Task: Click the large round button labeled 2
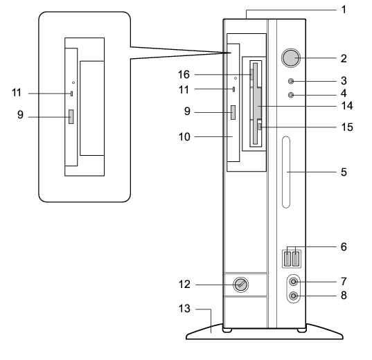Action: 291,58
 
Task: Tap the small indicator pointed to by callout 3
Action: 291,81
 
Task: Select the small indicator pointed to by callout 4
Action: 291,95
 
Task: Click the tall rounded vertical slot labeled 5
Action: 286,172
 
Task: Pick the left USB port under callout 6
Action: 287,259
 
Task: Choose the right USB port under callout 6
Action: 296,259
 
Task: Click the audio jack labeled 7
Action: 294,282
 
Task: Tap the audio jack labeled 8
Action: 294,296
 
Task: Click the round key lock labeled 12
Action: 241,285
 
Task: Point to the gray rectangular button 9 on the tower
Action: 233,112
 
